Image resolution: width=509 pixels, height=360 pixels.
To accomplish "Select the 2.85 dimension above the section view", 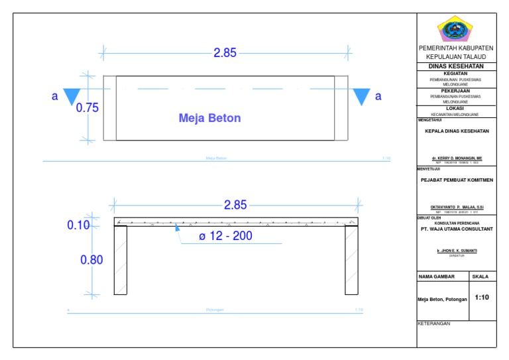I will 235,206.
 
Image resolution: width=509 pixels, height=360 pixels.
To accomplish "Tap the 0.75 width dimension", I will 87,108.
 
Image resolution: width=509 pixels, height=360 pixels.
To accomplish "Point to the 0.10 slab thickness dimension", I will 78,225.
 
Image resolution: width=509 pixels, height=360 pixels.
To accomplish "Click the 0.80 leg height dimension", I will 91,260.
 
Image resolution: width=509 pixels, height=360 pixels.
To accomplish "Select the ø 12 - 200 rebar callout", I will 225,236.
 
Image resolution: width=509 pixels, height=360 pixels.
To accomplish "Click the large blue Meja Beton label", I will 209,119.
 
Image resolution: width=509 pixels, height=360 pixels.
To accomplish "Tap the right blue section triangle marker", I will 361,97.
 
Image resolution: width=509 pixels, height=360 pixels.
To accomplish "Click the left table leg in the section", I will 120,260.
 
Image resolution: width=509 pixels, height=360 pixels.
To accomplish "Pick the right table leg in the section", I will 351,260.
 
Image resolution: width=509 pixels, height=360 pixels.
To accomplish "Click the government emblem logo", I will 455,30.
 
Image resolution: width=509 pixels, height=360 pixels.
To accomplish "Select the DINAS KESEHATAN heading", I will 455,66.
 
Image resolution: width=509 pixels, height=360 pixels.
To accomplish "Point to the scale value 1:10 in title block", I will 482,298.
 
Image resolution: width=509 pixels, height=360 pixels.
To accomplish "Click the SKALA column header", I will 480,276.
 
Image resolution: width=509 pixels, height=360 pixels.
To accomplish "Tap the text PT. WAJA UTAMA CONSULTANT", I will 457,229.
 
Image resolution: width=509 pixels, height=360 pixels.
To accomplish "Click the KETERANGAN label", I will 434,324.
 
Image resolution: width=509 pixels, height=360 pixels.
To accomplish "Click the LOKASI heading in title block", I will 455,108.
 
